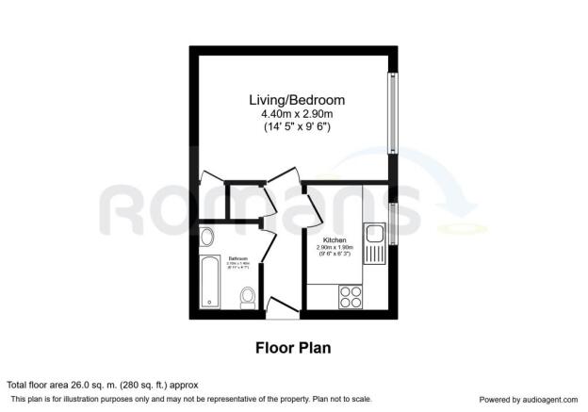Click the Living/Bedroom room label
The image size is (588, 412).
(x=296, y=100)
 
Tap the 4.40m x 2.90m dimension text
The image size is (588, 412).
(x=296, y=114)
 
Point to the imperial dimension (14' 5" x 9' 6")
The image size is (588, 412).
(x=296, y=126)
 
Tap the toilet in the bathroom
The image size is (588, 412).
(x=247, y=297)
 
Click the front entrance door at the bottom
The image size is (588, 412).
(x=280, y=305)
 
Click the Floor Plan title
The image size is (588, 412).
(x=293, y=347)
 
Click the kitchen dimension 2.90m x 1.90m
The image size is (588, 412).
(x=336, y=250)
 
